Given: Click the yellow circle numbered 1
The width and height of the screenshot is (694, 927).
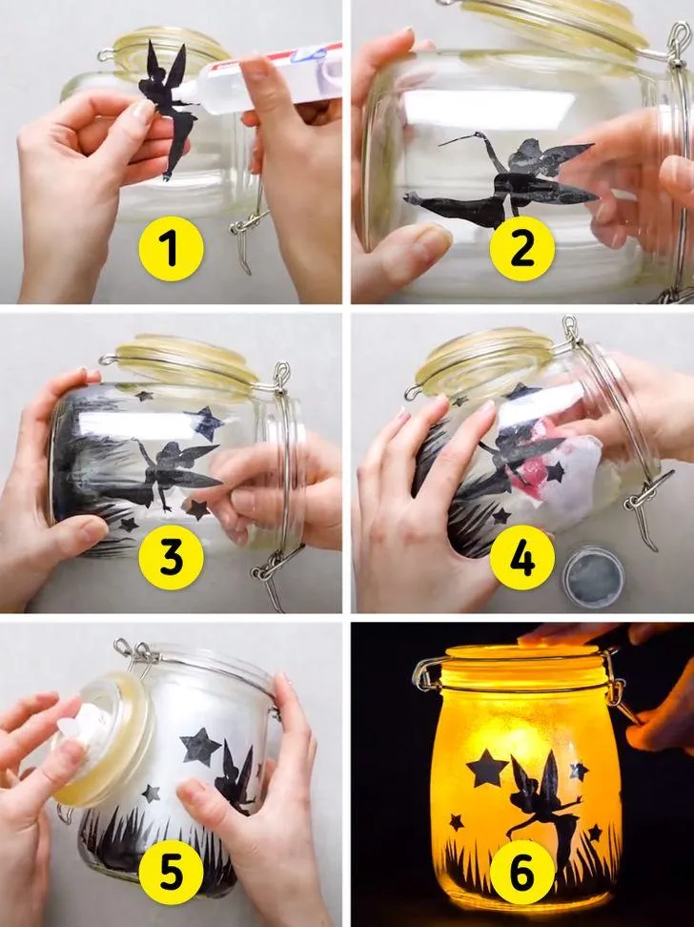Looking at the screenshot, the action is pos(171,249).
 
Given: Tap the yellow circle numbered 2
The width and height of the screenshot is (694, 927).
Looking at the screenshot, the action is pos(522,249).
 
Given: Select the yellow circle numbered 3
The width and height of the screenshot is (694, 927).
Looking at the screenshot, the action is pos(171,558).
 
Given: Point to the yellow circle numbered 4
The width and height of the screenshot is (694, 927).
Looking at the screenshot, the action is pos(522,558).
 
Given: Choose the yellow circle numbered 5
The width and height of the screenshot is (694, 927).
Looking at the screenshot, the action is pos(171,872).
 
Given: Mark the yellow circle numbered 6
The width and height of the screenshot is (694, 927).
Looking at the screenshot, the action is pos(522,872).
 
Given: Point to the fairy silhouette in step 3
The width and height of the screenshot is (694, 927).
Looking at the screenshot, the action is pos(172,473).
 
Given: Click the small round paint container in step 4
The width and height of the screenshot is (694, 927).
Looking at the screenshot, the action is pos(593,576).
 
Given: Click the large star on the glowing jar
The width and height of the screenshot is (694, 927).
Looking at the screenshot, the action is pos(486,768).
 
